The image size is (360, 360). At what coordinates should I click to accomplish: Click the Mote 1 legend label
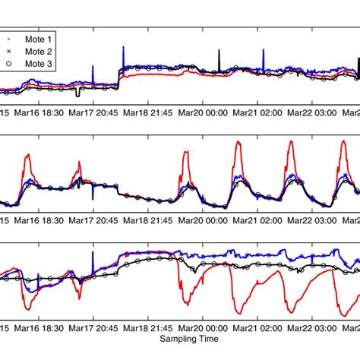click(39, 36)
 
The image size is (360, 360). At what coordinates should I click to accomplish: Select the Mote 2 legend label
click(39, 51)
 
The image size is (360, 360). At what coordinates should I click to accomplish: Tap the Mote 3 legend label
click(39, 65)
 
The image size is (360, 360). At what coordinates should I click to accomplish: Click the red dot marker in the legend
click(9, 36)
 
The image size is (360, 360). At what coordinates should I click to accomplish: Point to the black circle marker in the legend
click(9, 65)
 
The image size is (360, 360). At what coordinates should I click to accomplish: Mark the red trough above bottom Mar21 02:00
click(241, 311)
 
